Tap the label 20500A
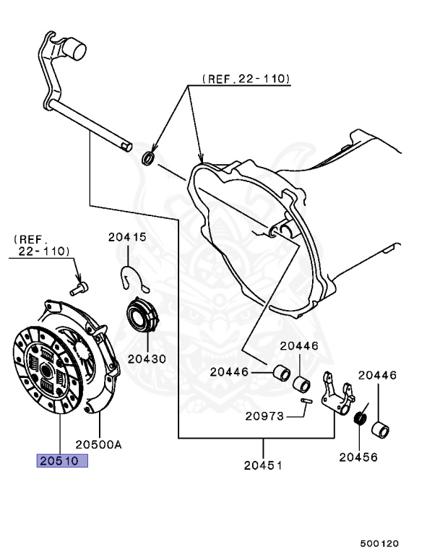98,445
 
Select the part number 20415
127,236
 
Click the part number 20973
265,416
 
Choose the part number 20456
359,457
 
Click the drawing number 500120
379,543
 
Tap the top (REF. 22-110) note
245,78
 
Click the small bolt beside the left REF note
79,288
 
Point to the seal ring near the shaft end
148,157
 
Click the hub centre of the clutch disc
46,369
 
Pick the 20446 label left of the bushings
230,372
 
